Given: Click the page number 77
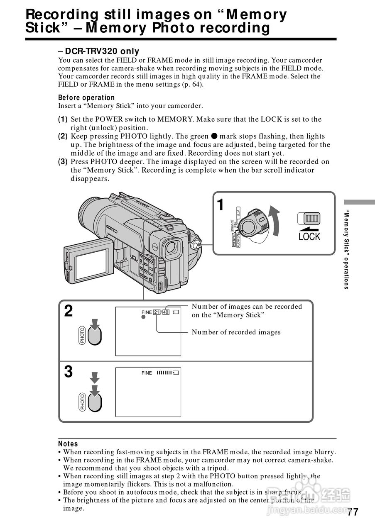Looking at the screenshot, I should point(353,512).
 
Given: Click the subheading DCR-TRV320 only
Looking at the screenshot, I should point(99,51).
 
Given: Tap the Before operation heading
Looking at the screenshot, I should point(86,97).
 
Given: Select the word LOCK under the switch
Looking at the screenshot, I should point(309,236).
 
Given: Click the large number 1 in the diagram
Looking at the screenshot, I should point(221,205).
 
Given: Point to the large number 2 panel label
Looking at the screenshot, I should point(69,311).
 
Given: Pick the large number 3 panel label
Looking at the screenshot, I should point(69,372).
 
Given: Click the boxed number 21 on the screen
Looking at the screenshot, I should point(157,312).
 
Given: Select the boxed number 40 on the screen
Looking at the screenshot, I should point(166,312).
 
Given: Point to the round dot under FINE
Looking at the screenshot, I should point(143,317).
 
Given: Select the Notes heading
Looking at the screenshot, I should point(68,444).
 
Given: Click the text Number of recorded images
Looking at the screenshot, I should point(236,332).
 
